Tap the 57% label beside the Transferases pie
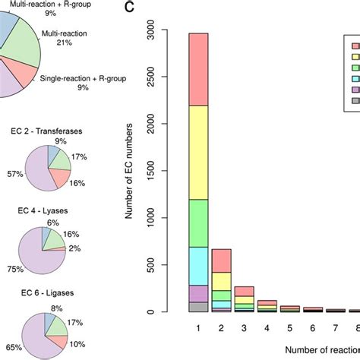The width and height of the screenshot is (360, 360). point(13,173)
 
